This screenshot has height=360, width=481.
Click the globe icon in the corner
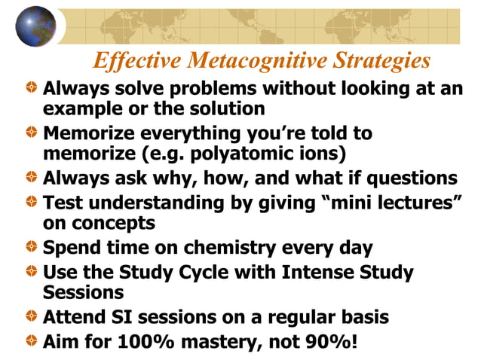coord(35,26)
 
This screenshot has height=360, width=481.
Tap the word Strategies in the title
coord(381,60)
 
